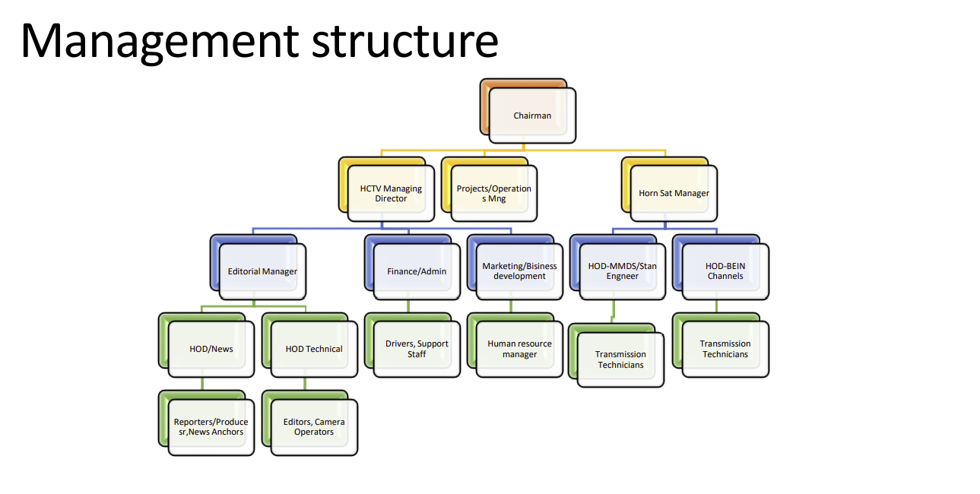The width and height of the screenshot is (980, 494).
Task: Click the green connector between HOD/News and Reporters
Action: point(202,384)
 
